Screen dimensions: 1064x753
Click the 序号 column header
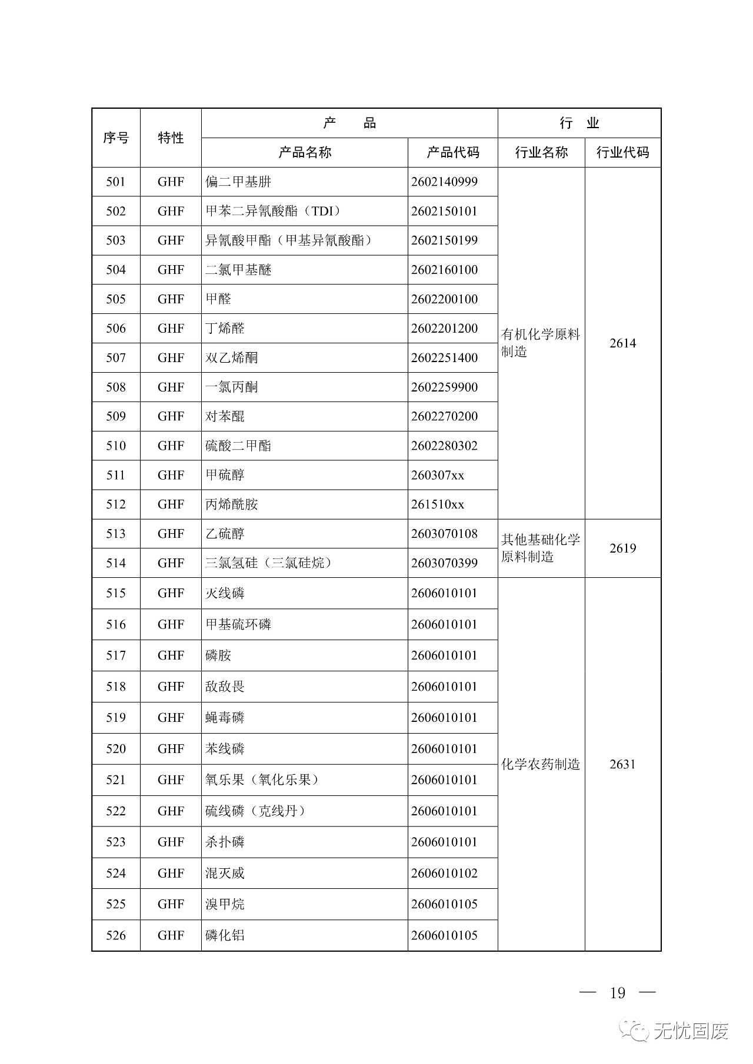point(116,138)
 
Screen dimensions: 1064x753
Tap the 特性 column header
point(171,138)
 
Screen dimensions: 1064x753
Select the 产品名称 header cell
point(305,153)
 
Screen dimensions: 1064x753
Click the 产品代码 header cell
point(452,153)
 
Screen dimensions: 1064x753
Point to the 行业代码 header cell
point(622,153)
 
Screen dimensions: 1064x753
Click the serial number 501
point(116,182)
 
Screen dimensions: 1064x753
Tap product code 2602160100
point(444,270)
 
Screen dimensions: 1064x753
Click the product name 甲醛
point(218,299)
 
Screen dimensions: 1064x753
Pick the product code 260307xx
point(438,475)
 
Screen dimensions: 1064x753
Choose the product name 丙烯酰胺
point(232,504)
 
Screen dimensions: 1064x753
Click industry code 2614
point(622,343)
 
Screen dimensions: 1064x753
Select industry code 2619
point(622,548)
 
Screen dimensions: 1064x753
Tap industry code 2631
point(622,764)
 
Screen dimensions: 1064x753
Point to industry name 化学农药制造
point(541,764)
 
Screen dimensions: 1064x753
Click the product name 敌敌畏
point(225,687)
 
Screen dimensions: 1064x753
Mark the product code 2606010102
point(444,873)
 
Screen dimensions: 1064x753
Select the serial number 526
point(116,935)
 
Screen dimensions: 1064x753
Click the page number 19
point(617,993)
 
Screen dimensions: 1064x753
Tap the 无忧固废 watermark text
point(691,1030)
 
